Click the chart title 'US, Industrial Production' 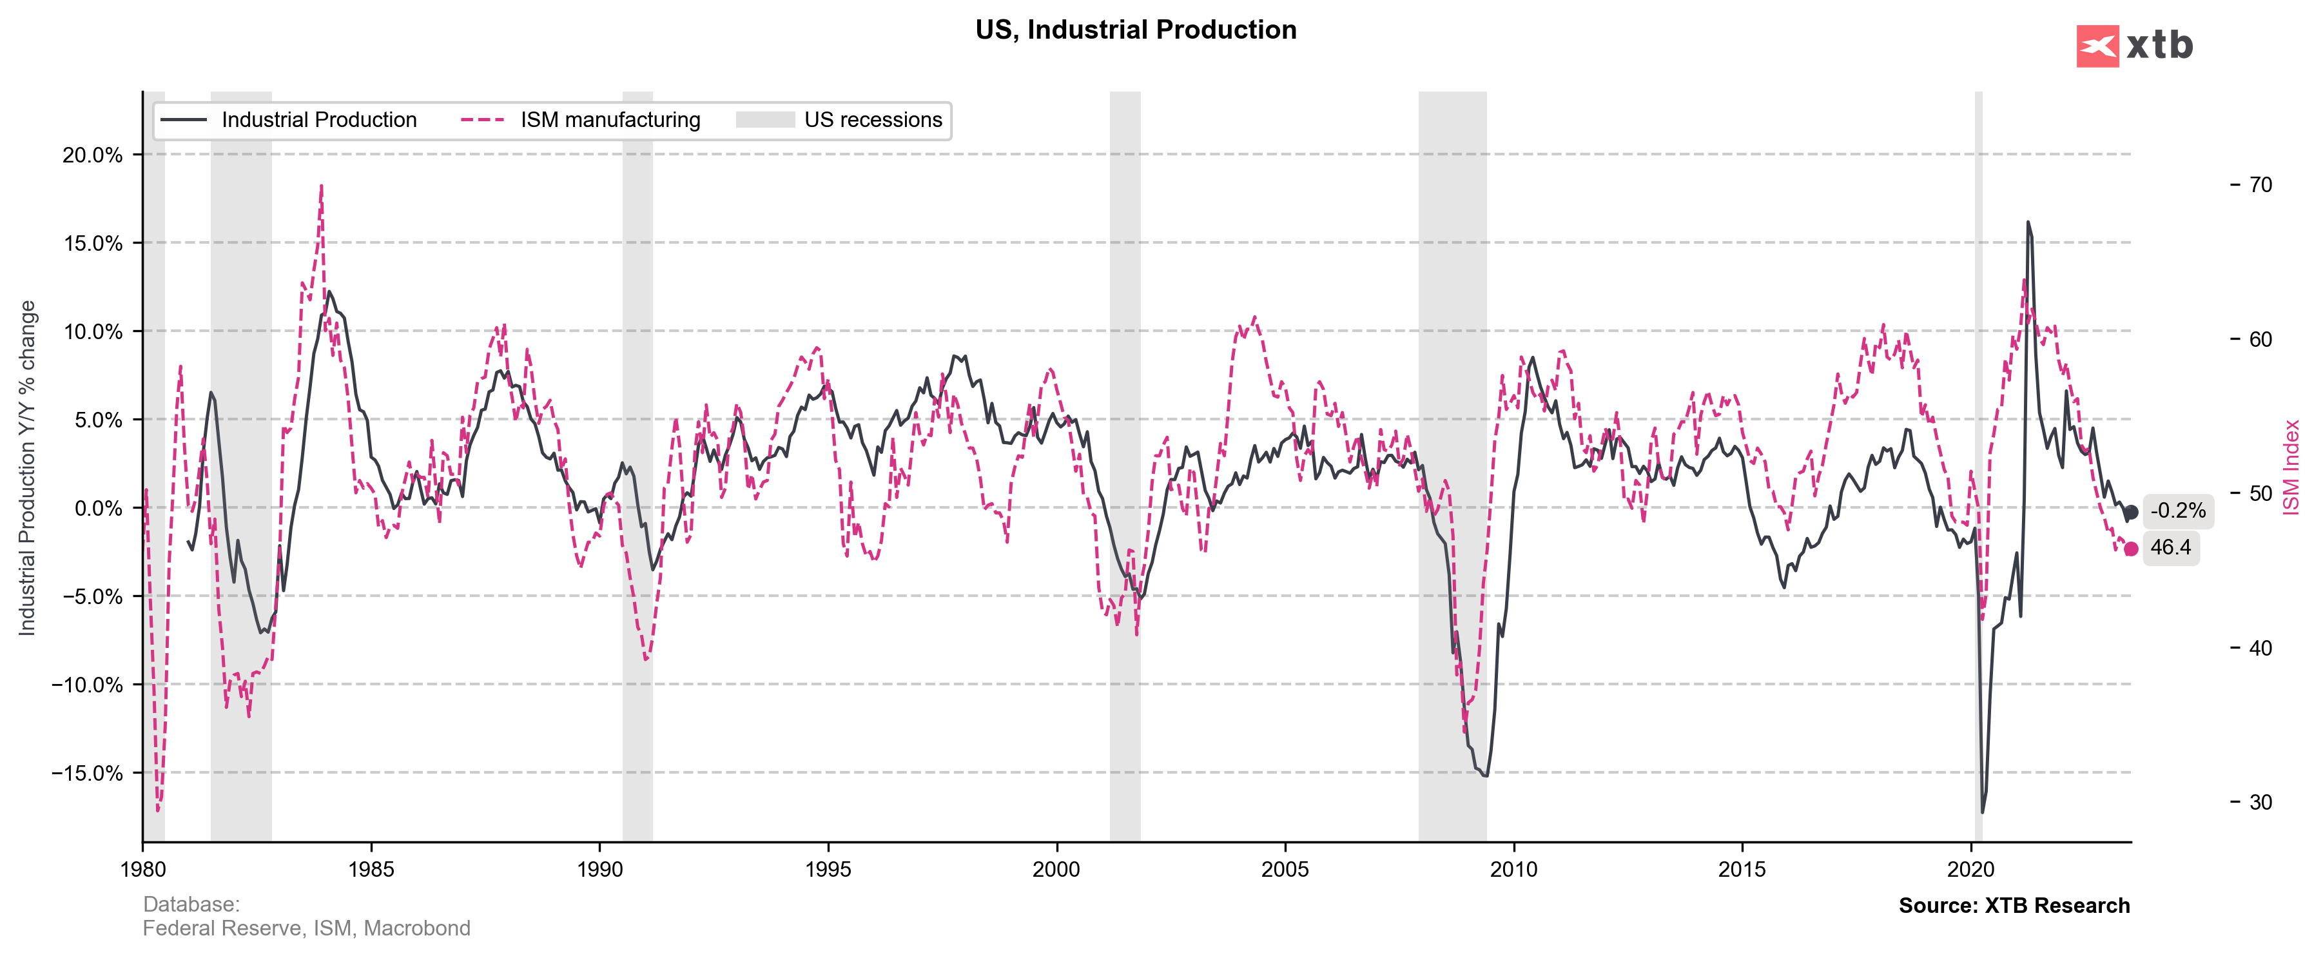coord(1135,30)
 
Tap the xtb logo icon coord(2097,46)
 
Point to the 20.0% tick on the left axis coord(92,155)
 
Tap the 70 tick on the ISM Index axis coord(2260,185)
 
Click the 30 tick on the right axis coord(2260,803)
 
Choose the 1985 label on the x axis coord(371,870)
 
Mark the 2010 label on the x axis coord(1513,870)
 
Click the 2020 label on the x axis coord(1970,870)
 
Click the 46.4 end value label coord(2171,547)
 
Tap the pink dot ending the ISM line coord(2131,549)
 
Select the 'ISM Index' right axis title coord(2291,467)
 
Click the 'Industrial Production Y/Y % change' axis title coord(27,467)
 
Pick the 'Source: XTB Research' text coord(2014,906)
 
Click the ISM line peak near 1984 coord(321,187)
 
